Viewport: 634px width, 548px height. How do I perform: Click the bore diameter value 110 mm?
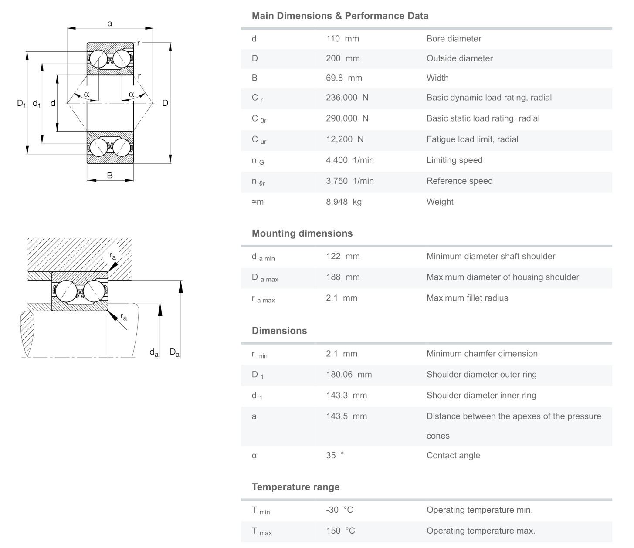[342, 39]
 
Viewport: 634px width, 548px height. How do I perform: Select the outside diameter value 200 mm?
[342, 58]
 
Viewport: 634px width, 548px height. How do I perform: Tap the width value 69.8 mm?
[344, 78]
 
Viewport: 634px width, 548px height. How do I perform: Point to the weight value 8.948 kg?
[343, 202]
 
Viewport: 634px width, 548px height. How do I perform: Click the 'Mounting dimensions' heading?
[302, 233]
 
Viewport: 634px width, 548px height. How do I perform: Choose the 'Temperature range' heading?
[295, 487]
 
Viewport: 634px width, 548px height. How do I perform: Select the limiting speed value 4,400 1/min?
[349, 160]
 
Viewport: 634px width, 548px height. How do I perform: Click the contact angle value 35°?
[335, 455]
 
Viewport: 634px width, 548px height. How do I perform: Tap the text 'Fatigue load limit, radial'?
[472, 139]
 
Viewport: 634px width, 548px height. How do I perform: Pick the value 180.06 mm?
[349, 375]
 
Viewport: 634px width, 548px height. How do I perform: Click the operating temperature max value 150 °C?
[340, 531]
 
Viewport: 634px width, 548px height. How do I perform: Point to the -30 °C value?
[339, 510]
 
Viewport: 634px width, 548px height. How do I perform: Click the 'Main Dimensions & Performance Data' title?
[340, 16]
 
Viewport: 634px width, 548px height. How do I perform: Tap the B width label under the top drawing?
[110, 175]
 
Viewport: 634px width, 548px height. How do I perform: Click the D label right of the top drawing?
[165, 103]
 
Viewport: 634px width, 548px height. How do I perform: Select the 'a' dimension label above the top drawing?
[110, 24]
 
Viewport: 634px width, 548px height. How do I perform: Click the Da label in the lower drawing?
[175, 352]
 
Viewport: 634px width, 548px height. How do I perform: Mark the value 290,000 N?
[347, 118]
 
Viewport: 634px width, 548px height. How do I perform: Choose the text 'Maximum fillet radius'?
[467, 298]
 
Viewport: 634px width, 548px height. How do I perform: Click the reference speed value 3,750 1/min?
[349, 181]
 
